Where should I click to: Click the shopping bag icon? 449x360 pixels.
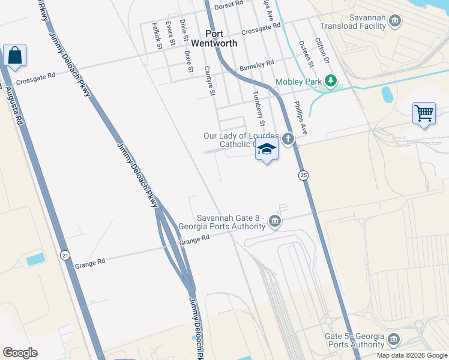click(x=14, y=56)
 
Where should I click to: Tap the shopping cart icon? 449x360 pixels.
click(x=424, y=113)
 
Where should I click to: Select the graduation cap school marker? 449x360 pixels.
click(x=267, y=150)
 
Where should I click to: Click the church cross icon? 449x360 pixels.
click(x=289, y=140)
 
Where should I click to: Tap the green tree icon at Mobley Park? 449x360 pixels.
click(x=330, y=80)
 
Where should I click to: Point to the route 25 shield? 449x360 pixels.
click(x=303, y=175)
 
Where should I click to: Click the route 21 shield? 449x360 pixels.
click(x=65, y=255)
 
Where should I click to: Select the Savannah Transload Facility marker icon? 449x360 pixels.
click(x=395, y=22)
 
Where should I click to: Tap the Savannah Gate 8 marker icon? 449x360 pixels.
click(x=274, y=221)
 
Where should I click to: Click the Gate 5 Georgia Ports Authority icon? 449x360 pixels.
click(x=394, y=340)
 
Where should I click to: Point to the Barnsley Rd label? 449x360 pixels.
click(x=256, y=65)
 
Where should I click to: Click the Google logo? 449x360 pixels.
click(x=20, y=352)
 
